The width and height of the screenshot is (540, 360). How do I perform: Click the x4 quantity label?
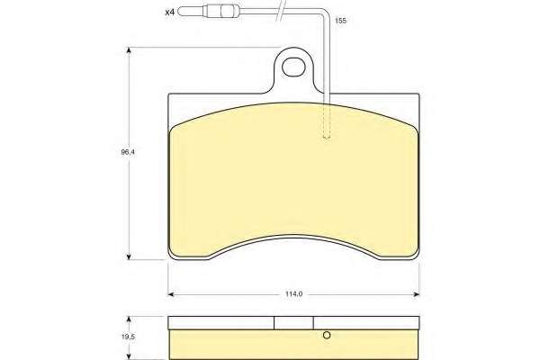click(x=170, y=13)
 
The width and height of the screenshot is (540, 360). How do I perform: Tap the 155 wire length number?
click(x=340, y=21)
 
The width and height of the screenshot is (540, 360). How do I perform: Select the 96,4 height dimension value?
click(x=128, y=151)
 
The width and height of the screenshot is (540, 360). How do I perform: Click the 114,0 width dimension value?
click(x=293, y=294)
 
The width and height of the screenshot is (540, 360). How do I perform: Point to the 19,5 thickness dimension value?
click(x=128, y=337)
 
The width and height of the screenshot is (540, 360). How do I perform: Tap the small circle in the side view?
click(x=327, y=335)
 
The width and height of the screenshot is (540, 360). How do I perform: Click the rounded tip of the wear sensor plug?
click(x=180, y=12)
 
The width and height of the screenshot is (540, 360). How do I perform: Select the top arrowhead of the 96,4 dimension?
click(x=129, y=50)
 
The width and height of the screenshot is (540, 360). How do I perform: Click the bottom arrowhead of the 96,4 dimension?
click(x=129, y=256)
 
